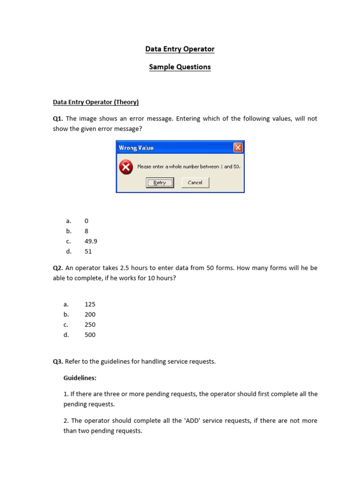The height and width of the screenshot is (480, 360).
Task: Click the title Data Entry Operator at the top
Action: click(x=180, y=49)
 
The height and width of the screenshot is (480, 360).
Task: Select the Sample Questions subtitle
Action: click(x=180, y=67)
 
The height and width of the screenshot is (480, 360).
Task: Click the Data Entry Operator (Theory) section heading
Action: click(x=96, y=102)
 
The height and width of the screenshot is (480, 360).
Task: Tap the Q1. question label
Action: click(x=58, y=119)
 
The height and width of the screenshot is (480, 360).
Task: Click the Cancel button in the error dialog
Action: click(x=195, y=183)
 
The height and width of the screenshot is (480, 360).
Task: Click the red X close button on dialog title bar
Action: click(x=238, y=148)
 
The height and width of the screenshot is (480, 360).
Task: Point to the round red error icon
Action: click(x=126, y=167)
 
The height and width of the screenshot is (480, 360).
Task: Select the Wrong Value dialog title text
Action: click(x=136, y=148)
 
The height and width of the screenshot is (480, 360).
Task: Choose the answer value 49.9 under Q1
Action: click(x=91, y=241)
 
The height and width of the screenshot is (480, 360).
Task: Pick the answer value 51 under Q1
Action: click(x=88, y=252)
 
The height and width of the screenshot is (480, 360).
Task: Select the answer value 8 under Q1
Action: click(x=86, y=231)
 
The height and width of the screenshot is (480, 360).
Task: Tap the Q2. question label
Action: click(x=58, y=268)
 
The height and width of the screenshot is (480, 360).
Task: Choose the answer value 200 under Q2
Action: click(x=90, y=315)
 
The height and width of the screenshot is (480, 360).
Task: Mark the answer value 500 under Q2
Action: click(x=90, y=335)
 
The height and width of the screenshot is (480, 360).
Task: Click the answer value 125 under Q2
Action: click(x=90, y=304)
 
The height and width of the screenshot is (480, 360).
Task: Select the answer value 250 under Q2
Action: click(x=90, y=325)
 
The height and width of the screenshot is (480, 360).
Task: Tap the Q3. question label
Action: click(x=58, y=361)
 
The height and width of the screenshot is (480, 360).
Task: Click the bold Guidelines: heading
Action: click(x=80, y=378)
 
